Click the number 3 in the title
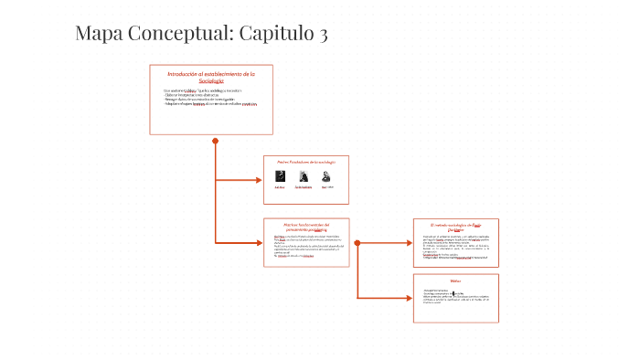[321, 35]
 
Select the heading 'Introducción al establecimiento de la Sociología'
[210, 77]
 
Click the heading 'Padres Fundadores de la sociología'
[306, 163]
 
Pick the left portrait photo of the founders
[281, 177]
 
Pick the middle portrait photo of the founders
[303, 177]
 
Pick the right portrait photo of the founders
[326, 177]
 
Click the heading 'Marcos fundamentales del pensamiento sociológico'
[306, 228]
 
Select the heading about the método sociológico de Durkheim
[455, 227]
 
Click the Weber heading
[455, 281]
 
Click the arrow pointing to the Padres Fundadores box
[257, 180]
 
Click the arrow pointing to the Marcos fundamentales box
[257, 242]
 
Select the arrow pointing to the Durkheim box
[407, 242]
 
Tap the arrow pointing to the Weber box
[407, 297]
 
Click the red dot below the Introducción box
[215, 141]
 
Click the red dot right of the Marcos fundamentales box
[357, 242]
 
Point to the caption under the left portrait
[281, 187]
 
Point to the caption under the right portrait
[327, 187]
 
